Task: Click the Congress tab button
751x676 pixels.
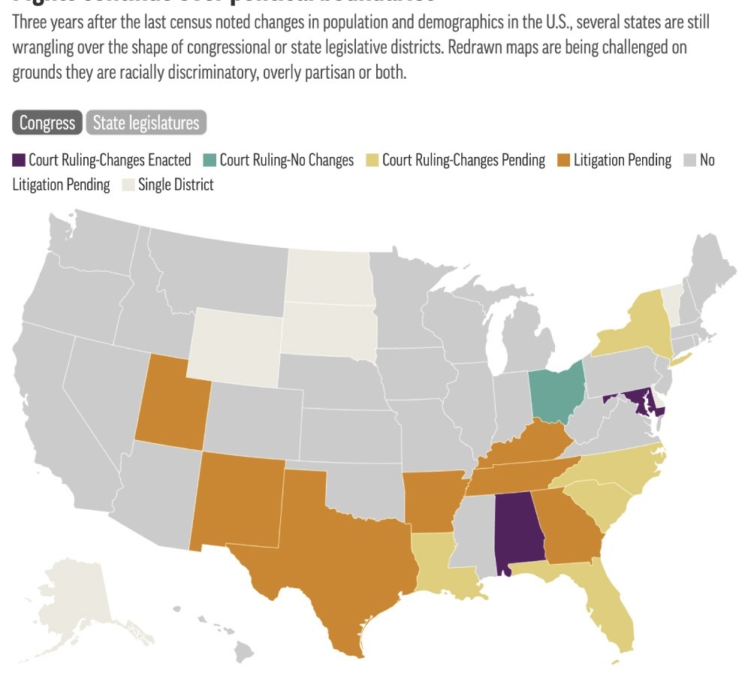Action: coord(47,122)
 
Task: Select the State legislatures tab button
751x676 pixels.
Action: coord(146,122)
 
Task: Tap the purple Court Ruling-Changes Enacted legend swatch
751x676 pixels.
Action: coord(19,160)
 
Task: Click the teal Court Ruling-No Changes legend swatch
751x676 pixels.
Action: coord(210,160)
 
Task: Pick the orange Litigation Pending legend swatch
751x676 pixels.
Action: coord(563,160)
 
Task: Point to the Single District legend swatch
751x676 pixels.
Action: coord(128,185)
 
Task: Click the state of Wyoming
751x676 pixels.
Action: coord(234,342)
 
